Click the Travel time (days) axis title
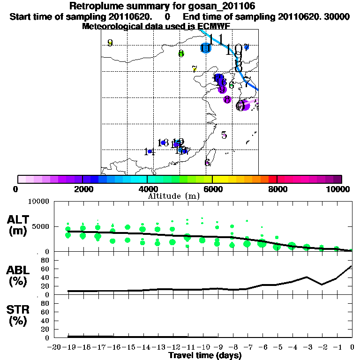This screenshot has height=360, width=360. pyautogui.click(x=205, y=356)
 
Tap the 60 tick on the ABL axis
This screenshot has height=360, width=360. pyautogui.click(x=45, y=269)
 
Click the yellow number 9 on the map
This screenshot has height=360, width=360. pyautogui.click(x=110, y=43)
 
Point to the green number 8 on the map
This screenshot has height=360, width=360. pyautogui.click(x=181, y=53)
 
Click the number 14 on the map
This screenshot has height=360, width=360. pyautogui.click(x=150, y=151)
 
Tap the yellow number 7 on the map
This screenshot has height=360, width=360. pyautogui.click(x=195, y=69)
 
